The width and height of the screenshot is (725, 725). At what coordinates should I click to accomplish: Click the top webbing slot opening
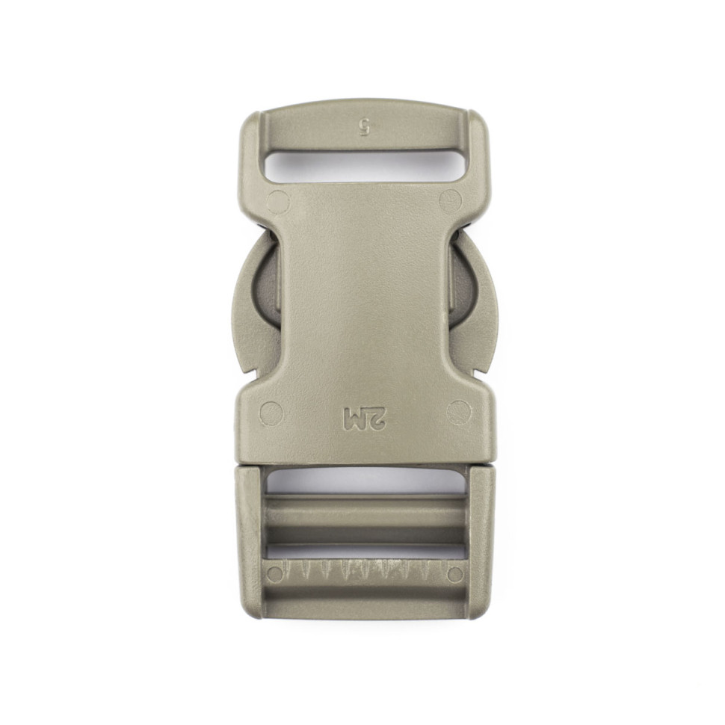click(363, 167)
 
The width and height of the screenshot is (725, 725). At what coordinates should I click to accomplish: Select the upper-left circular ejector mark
click(278, 202)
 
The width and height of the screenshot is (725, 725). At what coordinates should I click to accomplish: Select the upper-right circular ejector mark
click(450, 200)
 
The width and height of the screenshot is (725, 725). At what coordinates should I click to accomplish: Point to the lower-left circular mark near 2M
click(272, 413)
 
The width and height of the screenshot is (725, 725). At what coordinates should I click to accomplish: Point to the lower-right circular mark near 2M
click(459, 412)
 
